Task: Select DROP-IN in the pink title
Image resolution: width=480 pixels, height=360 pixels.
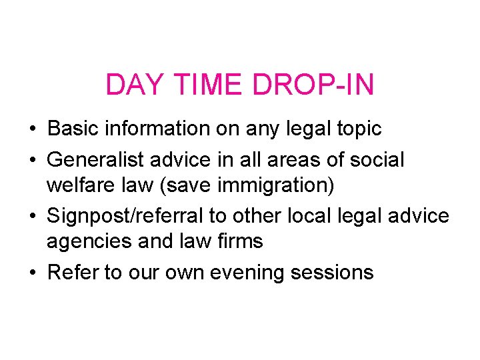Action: [x=313, y=85]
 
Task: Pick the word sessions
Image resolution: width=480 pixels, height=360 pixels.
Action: [x=340, y=272]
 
